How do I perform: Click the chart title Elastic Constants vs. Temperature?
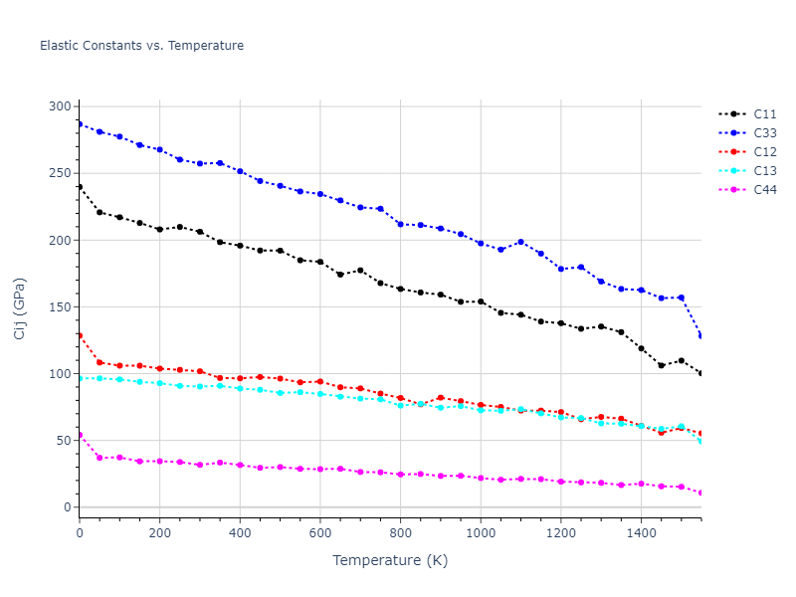141,46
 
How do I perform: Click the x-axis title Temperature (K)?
390,560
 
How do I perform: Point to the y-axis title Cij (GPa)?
20,308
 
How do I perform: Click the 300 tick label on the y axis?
60,106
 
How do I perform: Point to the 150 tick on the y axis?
60,307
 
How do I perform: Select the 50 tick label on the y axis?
64,441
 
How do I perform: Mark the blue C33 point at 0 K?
80,124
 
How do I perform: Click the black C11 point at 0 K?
80,187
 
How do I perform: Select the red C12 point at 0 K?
80,335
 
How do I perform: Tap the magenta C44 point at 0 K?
80,435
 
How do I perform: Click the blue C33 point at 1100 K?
520,242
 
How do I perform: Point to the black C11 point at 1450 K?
661,365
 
